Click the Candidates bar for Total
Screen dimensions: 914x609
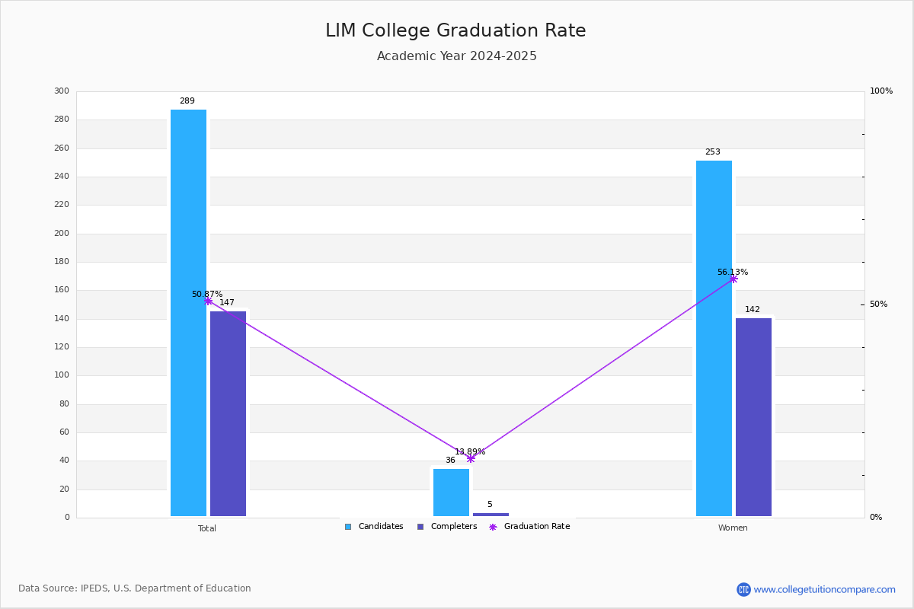[189, 313]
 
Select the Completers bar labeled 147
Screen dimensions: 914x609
[228, 413]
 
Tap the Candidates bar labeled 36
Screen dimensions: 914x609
[451, 493]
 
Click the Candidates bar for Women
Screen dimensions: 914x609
[714, 338]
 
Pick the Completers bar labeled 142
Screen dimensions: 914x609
[753, 417]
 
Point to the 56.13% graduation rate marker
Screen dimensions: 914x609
[733, 279]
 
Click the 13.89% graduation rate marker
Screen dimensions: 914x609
[471, 458]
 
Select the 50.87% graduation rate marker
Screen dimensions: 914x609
[208, 301]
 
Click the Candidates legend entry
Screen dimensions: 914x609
[374, 527]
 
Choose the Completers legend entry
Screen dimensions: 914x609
[447, 527]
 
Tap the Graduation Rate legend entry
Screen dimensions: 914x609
[529, 527]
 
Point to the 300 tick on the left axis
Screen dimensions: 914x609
[62, 91]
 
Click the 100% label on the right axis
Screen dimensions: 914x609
[881, 91]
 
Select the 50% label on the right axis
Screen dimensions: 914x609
[878, 304]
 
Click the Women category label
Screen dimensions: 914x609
[733, 528]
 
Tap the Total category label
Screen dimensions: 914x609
[207, 528]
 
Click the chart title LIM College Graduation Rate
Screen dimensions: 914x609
[455, 30]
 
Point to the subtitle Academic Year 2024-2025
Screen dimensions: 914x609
[456, 56]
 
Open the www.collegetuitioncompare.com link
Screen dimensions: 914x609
[824, 589]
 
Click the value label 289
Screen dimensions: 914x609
[187, 100]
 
